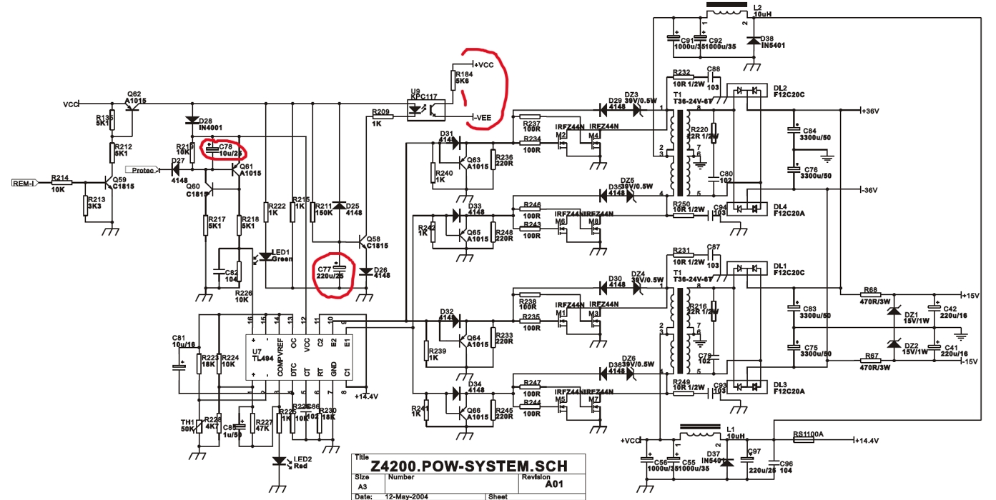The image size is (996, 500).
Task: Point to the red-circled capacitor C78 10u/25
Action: coord(224,149)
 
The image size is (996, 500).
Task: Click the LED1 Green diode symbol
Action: coord(265,256)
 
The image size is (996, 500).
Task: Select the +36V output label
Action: coord(870,111)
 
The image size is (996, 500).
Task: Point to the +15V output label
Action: coord(970,295)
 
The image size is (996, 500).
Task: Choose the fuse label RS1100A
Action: coord(808,434)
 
